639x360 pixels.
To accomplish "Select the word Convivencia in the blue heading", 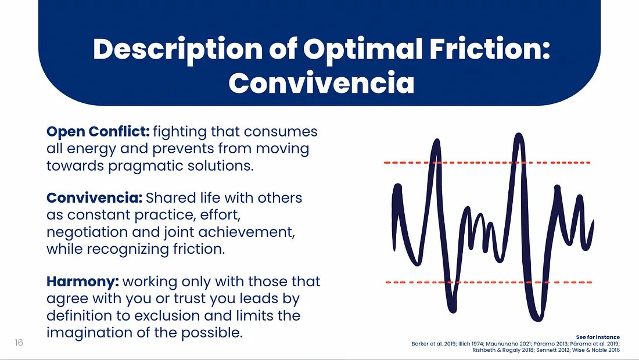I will (x=321, y=83).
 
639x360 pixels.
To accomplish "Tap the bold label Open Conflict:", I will (x=98, y=131).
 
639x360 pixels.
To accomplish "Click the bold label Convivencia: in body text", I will (x=94, y=198).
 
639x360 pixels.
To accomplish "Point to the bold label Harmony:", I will (x=82, y=282).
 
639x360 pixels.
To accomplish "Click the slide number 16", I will (x=19, y=343).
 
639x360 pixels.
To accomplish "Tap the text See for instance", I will (x=598, y=337).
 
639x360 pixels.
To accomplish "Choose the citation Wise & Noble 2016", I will (x=592, y=350).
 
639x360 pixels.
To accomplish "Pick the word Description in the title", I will (x=177, y=50).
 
